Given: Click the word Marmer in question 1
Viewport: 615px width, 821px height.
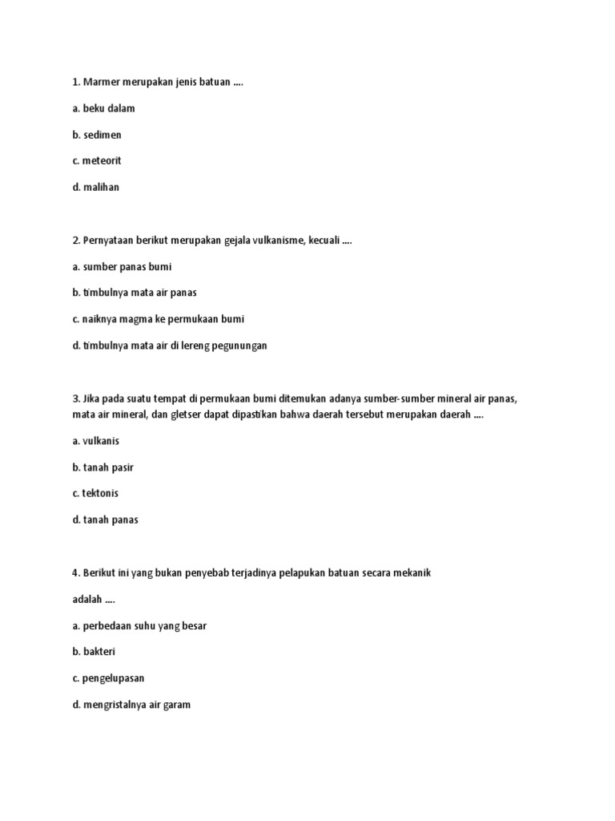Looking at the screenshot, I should pyautogui.click(x=102, y=83).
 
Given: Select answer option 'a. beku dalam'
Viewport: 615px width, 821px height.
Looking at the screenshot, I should pyautogui.click(x=103, y=108).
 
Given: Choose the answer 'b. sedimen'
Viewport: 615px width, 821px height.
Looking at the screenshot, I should pyautogui.click(x=96, y=135).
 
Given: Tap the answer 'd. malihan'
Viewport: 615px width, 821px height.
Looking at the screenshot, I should pyautogui.click(x=94, y=187).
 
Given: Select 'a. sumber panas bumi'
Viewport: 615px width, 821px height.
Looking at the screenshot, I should pyautogui.click(x=122, y=266).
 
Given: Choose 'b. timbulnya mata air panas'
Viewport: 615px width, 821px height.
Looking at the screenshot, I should pyautogui.click(x=134, y=293).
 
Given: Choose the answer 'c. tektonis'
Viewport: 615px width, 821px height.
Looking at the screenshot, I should pyautogui.click(x=94, y=493).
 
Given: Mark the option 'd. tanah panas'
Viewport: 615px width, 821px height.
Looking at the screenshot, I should pyautogui.click(x=105, y=520).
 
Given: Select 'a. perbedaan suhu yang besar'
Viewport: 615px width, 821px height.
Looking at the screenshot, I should pyautogui.click(x=139, y=625).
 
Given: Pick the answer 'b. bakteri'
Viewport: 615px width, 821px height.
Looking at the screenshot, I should pyautogui.click(x=93, y=652).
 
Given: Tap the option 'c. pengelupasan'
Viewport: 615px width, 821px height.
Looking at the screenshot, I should pyautogui.click(x=108, y=677).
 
